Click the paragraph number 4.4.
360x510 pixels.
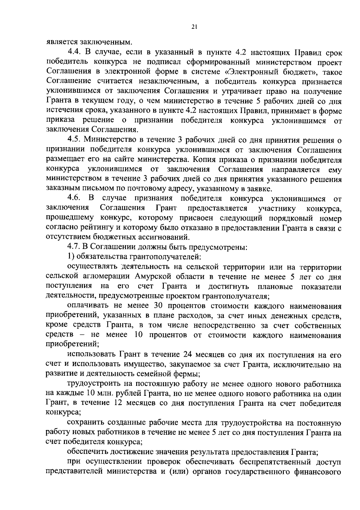[x=73, y=53]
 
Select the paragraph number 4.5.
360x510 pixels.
[x=73, y=140]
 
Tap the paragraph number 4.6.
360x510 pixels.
[x=73, y=198]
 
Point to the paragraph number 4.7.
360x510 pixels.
[x=73, y=247]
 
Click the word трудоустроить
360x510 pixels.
[x=91, y=384]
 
